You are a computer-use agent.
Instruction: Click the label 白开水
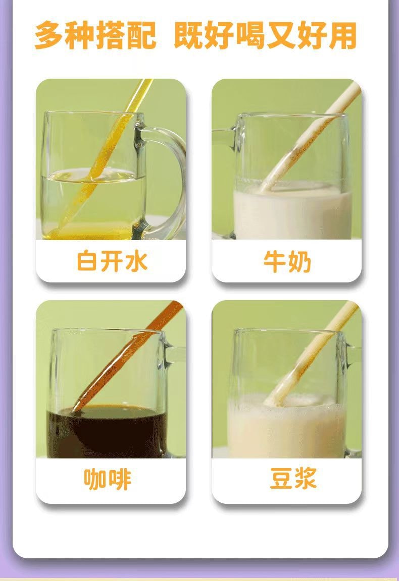(x=112, y=261)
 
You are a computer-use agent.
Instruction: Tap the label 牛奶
(x=287, y=262)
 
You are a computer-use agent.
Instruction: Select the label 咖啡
(x=108, y=479)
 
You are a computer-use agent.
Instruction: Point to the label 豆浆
(x=293, y=478)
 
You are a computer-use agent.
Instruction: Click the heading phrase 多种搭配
(x=95, y=35)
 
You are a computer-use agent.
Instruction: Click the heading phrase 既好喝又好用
(x=265, y=35)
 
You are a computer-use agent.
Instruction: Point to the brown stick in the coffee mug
(x=126, y=358)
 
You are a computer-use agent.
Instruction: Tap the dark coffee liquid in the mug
(x=107, y=432)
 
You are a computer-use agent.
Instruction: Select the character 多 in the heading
(x=48, y=35)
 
